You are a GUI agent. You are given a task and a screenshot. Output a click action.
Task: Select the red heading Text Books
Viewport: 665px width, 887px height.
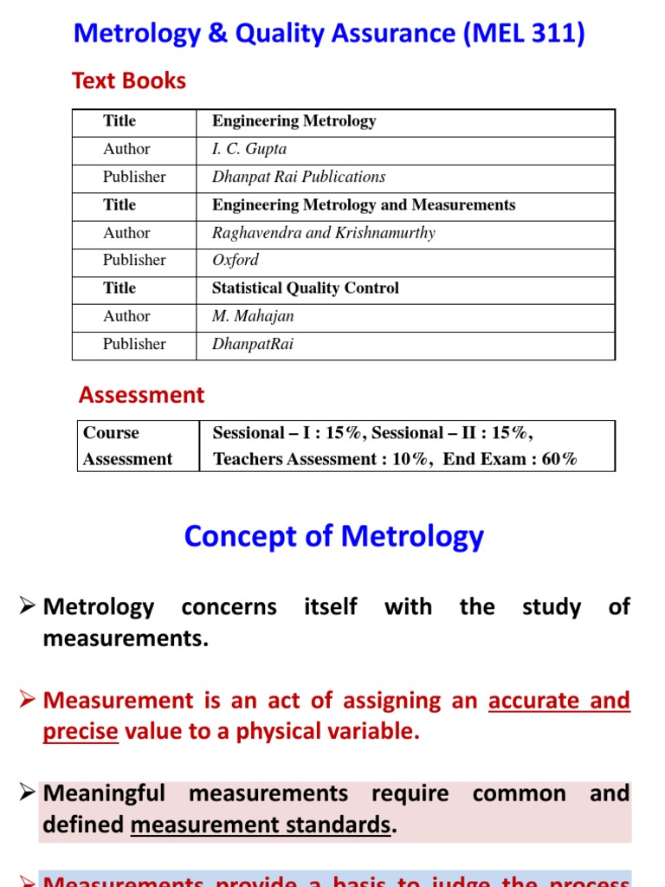(129, 81)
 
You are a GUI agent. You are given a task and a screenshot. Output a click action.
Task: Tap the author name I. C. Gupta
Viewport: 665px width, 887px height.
(249, 149)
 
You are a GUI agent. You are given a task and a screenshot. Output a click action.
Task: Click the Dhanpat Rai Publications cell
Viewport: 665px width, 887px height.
(299, 177)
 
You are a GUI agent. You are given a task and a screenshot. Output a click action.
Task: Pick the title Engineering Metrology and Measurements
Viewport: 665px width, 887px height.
(364, 205)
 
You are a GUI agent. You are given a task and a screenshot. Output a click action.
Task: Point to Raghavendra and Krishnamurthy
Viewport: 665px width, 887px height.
(324, 233)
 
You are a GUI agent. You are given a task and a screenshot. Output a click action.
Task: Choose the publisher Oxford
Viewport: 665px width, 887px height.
(236, 260)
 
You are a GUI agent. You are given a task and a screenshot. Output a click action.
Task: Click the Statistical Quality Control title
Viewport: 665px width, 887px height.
(306, 288)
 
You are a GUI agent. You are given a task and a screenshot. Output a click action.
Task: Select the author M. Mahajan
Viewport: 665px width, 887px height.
(253, 316)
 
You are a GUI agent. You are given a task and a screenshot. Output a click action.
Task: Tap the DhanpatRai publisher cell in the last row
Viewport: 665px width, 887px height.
(253, 344)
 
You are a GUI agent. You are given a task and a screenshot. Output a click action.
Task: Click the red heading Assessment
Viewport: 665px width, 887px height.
(142, 396)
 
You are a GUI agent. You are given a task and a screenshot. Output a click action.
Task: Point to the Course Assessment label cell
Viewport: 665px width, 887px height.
(127, 446)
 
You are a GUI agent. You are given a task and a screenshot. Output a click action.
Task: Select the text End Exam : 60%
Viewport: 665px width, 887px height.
(510, 460)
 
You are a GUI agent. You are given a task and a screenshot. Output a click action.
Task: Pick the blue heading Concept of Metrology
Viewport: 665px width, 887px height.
(333, 536)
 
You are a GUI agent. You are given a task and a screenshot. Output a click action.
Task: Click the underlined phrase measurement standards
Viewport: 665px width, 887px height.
(261, 825)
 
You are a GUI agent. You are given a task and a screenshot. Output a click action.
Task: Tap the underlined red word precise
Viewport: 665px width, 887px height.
(81, 731)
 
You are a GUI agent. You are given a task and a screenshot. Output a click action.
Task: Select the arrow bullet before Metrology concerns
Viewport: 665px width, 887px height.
(26, 607)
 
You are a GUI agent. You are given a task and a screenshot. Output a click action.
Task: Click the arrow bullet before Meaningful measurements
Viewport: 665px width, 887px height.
(26, 793)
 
